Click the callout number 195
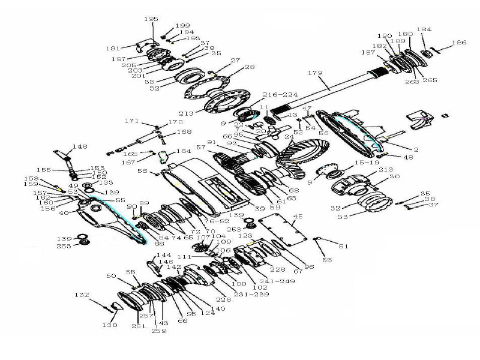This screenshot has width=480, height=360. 151,19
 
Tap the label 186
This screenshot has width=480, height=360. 459,43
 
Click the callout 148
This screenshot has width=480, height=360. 80,146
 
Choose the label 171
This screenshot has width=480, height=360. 131,121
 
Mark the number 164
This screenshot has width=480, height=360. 184,151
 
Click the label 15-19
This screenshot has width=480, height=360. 367,163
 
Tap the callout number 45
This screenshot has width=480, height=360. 297,216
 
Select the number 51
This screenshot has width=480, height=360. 343,246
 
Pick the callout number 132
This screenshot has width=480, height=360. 81,295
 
